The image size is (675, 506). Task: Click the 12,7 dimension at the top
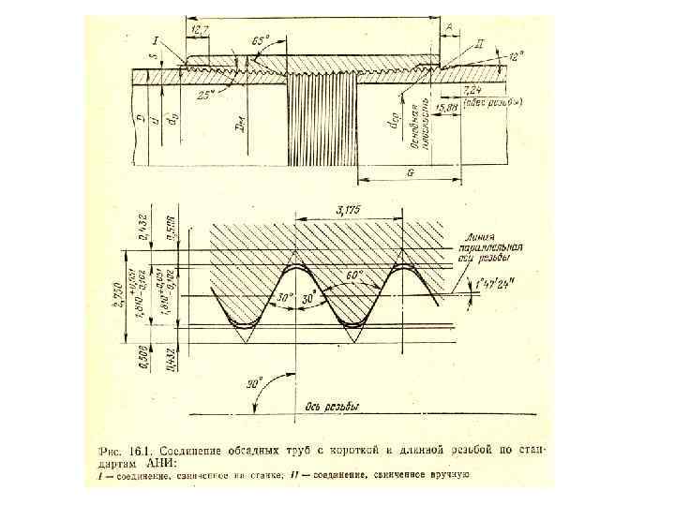200,30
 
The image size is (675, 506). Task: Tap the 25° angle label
204,95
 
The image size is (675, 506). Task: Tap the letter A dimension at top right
450,29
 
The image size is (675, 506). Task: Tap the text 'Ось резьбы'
333,406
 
